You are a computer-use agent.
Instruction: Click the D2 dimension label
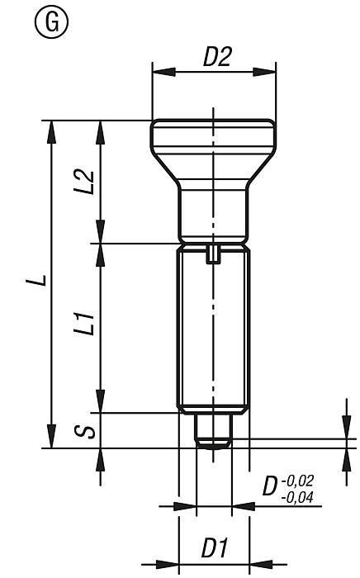(217, 57)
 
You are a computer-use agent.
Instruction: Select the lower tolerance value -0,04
(301, 497)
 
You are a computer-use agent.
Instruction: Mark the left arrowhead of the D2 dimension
(157, 73)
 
